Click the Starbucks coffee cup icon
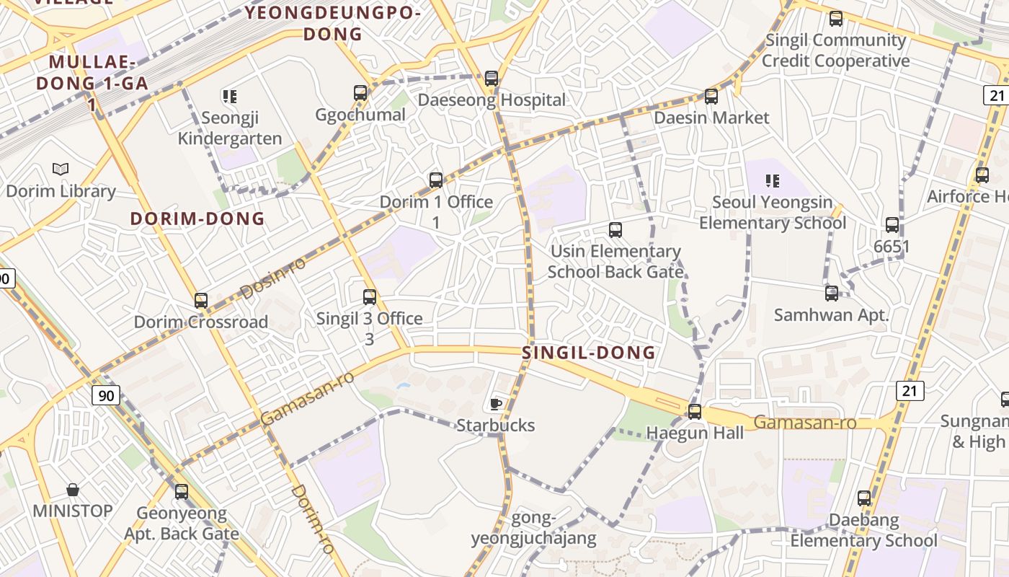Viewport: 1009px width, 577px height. [x=495, y=403]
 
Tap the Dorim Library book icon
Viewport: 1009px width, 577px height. [x=61, y=169]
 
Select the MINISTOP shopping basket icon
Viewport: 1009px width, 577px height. [x=73, y=490]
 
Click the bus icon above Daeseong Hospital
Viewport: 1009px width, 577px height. [x=492, y=78]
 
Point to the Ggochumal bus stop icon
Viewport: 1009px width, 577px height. [x=360, y=92]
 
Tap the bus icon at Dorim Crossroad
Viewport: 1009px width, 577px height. [x=201, y=300]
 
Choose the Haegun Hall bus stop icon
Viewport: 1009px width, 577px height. [x=695, y=412]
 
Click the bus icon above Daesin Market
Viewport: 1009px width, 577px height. [x=711, y=96]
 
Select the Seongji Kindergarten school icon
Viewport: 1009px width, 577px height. [x=230, y=96]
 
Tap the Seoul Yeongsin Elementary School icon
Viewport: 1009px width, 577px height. [x=773, y=180]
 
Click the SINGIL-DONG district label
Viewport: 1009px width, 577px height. [x=589, y=353]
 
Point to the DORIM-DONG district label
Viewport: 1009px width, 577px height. [x=197, y=219]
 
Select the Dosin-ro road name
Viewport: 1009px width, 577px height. [x=272, y=278]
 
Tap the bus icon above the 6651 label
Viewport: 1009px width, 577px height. [x=892, y=225]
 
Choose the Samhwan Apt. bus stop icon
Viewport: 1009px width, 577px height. [x=832, y=294]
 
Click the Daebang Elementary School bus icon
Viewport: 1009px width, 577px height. [x=864, y=498]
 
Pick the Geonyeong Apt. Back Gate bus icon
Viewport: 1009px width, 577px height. [x=182, y=492]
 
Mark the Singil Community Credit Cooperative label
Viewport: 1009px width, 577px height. [x=836, y=50]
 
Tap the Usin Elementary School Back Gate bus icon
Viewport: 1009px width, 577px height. [x=615, y=230]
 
